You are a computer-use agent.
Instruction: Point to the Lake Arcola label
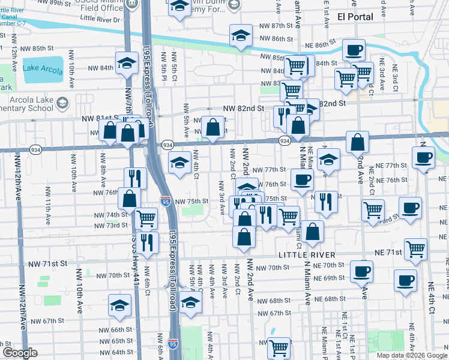click(x=43, y=68)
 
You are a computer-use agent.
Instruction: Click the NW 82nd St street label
click(x=243, y=109)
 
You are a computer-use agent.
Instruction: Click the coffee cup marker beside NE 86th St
click(x=354, y=50)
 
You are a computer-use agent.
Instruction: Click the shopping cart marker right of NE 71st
click(x=415, y=249)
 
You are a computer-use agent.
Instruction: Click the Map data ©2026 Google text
click(x=412, y=355)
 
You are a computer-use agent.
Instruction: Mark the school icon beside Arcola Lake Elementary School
click(x=62, y=103)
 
